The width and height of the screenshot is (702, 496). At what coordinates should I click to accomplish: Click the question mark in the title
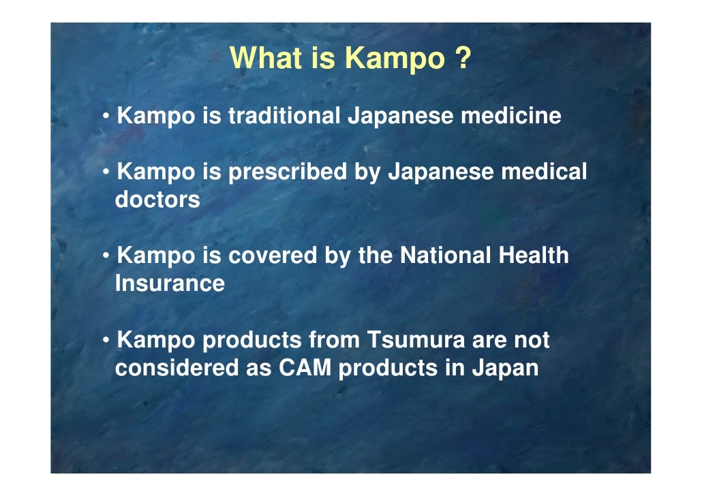point(461,58)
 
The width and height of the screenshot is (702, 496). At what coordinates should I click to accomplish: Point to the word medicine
point(511,116)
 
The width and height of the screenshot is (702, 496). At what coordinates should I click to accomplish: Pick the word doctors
point(157,200)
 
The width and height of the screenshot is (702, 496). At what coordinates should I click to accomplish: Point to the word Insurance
point(170,283)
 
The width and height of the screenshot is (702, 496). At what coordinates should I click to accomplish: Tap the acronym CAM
point(305,368)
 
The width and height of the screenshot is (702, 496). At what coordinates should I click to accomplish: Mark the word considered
point(177,368)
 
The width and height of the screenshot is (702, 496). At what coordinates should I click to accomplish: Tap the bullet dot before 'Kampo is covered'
point(107,257)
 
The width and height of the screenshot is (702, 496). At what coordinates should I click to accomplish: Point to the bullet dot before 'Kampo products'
point(107,341)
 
